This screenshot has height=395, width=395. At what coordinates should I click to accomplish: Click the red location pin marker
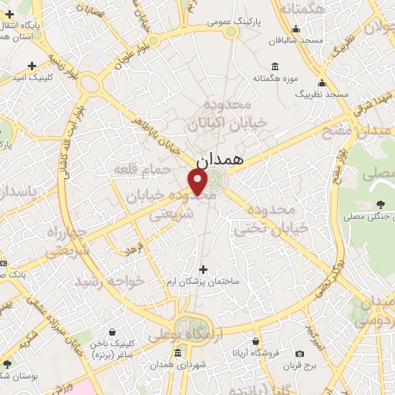198,181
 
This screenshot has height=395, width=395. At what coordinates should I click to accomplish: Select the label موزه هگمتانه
276,79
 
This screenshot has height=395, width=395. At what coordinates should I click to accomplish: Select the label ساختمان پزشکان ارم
204,282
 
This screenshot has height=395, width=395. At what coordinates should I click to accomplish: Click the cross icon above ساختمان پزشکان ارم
204,269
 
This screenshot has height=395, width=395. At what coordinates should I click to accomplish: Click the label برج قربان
299,364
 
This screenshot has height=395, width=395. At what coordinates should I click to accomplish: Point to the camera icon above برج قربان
299,353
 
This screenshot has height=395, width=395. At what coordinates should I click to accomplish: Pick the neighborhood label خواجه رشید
108,281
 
